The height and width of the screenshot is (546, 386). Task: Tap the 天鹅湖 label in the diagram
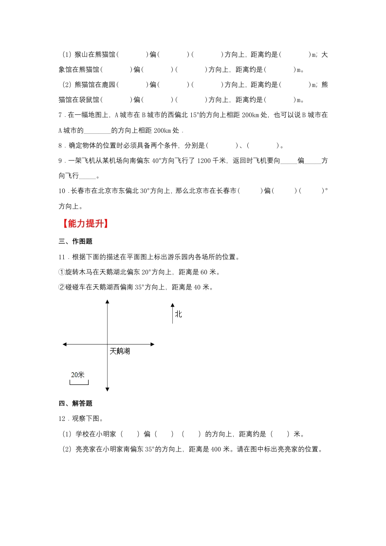point(120,350)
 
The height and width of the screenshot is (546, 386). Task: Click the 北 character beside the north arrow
point(178,314)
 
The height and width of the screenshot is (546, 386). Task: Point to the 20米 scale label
point(78,374)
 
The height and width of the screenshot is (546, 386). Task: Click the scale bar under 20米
point(79,382)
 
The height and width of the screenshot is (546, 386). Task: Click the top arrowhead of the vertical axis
point(107,303)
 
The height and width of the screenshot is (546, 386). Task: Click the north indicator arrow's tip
point(172,305)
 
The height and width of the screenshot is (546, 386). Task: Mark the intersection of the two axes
point(107,345)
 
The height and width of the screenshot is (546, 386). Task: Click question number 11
point(62,256)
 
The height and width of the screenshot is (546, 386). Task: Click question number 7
point(60,115)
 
